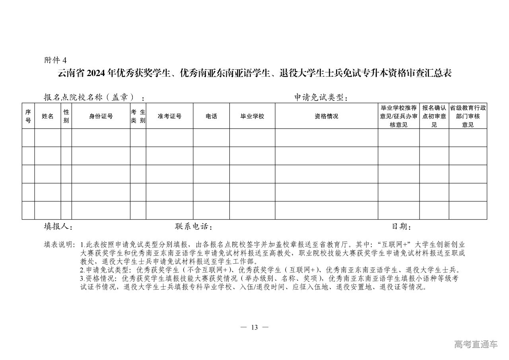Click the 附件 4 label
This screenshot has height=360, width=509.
[56, 60]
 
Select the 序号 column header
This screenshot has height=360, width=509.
[28, 116]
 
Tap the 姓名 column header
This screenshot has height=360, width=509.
[48, 116]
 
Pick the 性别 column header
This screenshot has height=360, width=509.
[66, 116]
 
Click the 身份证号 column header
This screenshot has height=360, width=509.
[101, 116]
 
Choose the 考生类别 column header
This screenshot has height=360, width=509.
[138, 116]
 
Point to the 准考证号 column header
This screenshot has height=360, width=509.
[169, 116]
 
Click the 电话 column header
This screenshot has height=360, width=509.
[211, 116]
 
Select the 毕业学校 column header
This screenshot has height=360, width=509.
[252, 116]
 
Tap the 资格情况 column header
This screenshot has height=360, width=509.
[326, 116]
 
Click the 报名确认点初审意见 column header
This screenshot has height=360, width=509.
[434, 116]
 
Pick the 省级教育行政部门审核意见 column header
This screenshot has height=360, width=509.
[468, 116]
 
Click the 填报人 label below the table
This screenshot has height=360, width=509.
[58, 226]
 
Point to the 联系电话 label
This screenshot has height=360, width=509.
[193, 226]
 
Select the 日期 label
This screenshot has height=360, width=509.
[401, 226]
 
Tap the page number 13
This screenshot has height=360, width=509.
[254, 327]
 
